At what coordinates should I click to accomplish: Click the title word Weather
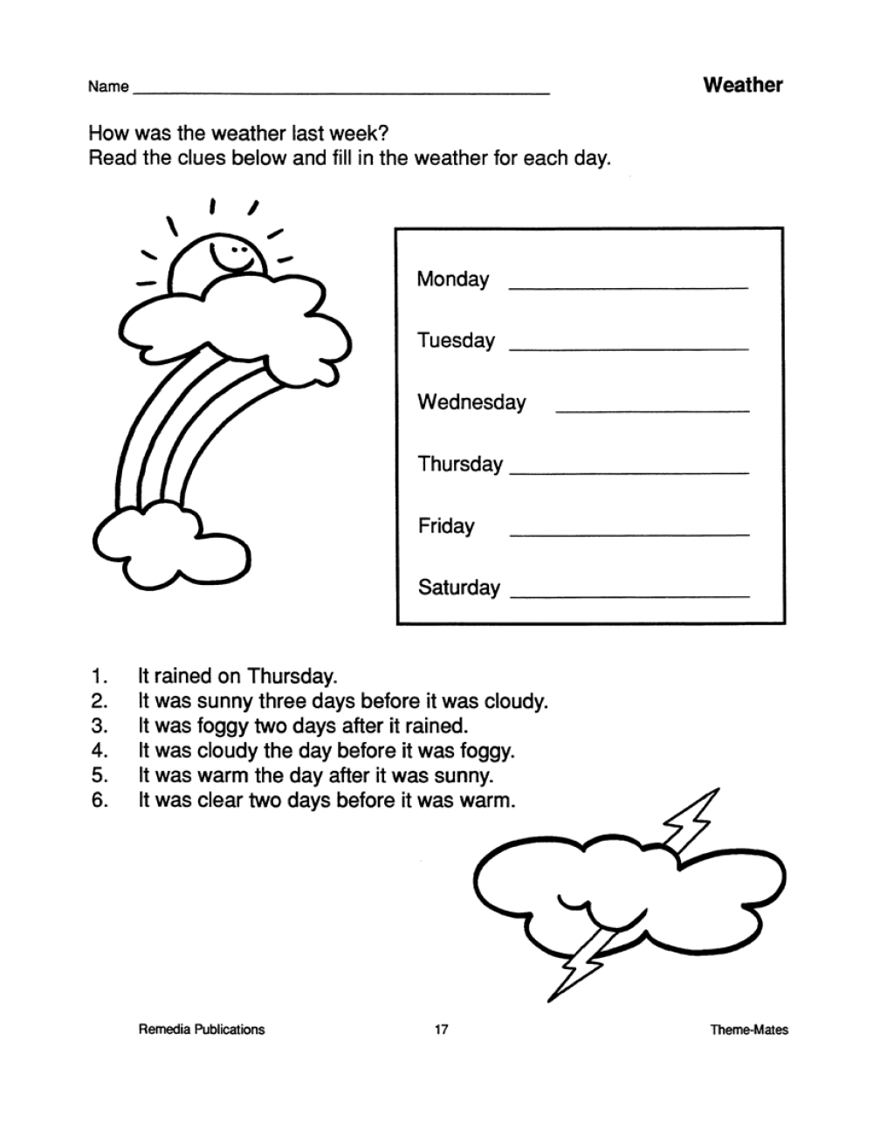pos(742,85)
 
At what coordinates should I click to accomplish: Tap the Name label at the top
pos(107,86)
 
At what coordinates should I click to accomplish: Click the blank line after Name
pos(340,92)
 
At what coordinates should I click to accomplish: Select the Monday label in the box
pos(452,279)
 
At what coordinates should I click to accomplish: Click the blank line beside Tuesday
pos(629,348)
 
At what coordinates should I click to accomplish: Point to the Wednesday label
pos(471,402)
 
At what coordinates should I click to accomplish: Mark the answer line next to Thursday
pos(629,472)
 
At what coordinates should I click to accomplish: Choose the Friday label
pos(445,526)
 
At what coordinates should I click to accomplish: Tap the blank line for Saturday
pos(629,596)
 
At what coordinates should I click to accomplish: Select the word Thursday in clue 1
pos(292,676)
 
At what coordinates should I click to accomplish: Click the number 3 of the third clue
pos(98,726)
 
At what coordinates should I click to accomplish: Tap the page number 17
pos(441,1029)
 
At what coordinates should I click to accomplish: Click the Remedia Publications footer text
pos(201,1029)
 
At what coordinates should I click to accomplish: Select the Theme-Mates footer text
pos(748,1030)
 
